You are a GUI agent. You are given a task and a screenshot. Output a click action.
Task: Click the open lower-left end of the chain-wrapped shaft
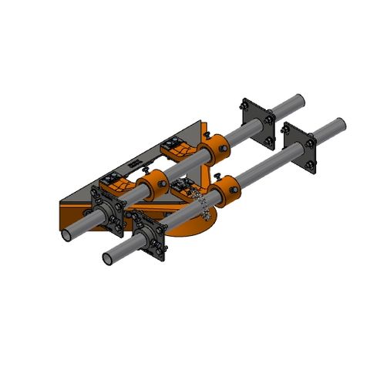pyautogui.click(x=108, y=256)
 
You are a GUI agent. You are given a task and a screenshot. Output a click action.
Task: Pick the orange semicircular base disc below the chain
pyautogui.click(x=193, y=228)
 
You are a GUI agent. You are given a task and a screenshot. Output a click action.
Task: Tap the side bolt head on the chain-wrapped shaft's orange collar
pyautogui.click(x=234, y=202)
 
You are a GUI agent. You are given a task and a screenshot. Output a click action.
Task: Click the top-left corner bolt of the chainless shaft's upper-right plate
pyautogui.click(x=245, y=103)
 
